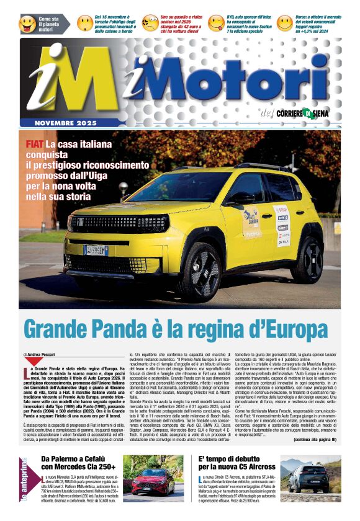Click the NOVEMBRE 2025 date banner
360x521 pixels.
(x=66, y=123)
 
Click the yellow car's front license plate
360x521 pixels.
(x=96, y=250)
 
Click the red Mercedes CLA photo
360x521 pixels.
(x=152, y=478)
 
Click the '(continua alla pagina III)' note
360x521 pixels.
(x=315, y=439)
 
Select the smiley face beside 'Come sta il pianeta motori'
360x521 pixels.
(x=28, y=24)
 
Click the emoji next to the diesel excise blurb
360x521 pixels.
(x=150, y=24)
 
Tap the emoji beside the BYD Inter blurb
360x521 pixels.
(x=216, y=24)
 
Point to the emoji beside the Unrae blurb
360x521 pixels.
(x=284, y=24)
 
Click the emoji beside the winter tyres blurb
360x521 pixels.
(x=85, y=24)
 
